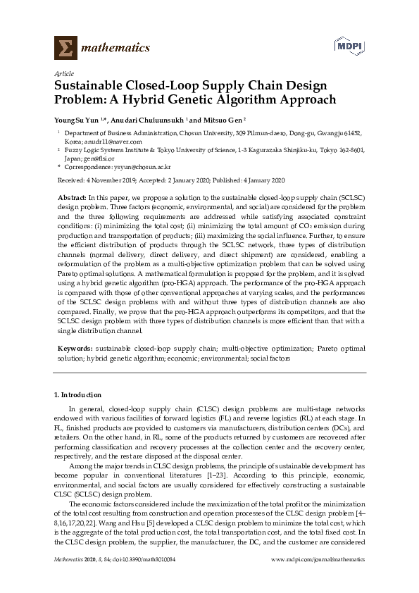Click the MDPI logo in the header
[351, 46]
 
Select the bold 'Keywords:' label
[74, 349]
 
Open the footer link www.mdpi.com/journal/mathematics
[318, 558]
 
